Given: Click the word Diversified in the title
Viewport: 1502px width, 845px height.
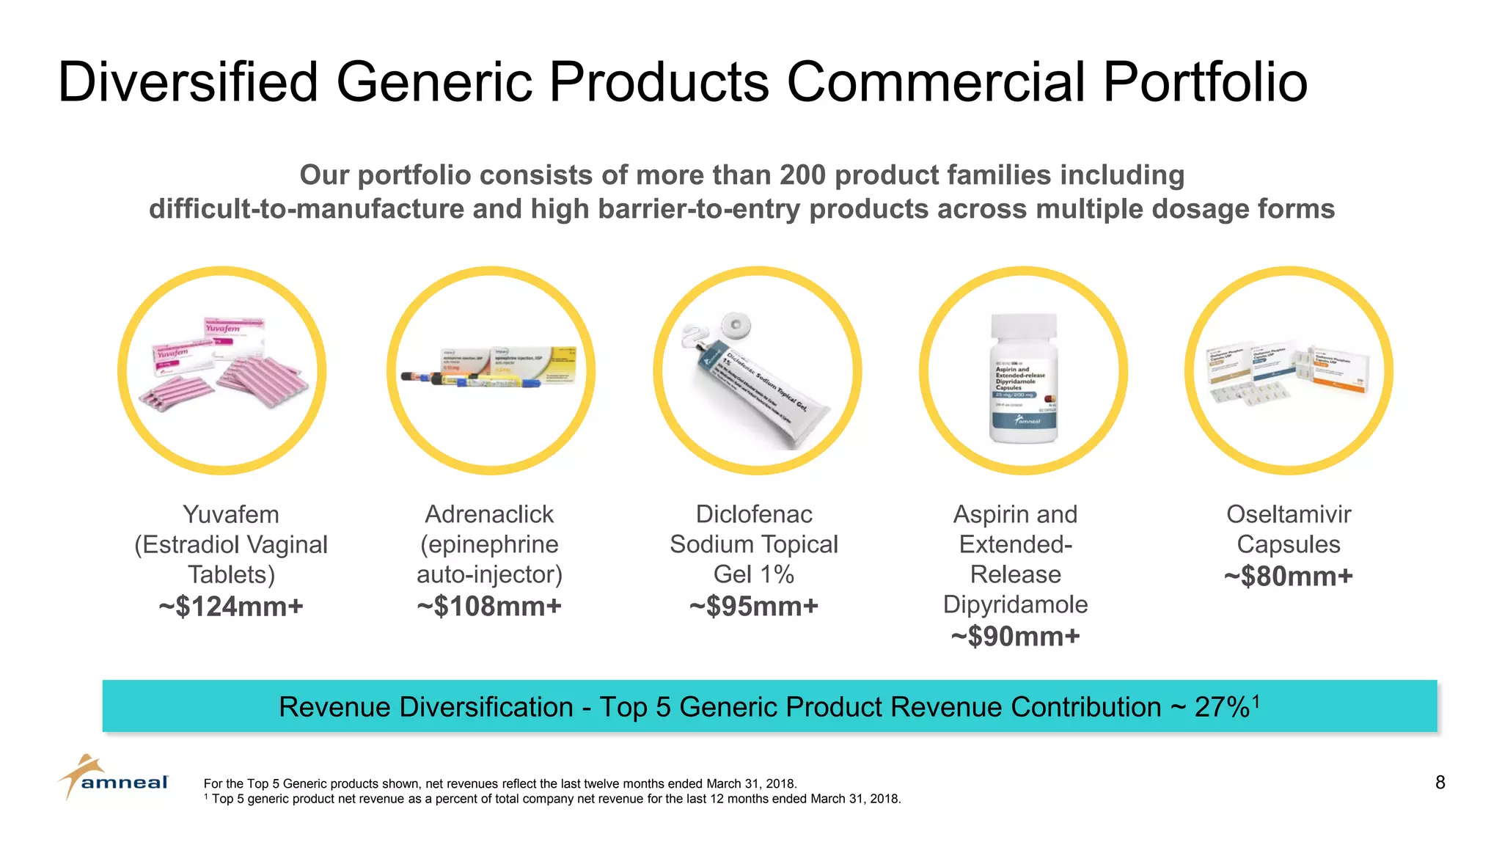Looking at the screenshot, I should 188,81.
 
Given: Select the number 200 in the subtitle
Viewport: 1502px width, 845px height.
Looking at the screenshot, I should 802,175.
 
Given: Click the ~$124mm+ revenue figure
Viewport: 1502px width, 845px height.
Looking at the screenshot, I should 230,607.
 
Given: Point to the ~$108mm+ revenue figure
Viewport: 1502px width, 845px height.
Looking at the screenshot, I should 489,607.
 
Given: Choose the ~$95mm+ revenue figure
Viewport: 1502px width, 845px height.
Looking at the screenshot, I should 753,607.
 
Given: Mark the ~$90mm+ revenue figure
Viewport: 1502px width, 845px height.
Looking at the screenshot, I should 1015,637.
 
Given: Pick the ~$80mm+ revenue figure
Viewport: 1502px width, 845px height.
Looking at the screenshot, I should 1288,577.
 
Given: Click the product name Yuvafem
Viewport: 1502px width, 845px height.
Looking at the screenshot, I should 230,514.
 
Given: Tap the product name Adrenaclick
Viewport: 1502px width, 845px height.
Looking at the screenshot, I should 489,514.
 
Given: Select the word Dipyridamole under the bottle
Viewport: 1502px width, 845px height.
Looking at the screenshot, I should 1015,604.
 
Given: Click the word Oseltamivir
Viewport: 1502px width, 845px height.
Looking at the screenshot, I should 1288,514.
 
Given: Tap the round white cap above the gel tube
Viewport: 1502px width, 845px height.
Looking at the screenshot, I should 736,324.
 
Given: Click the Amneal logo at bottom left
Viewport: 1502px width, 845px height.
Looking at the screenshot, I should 114,779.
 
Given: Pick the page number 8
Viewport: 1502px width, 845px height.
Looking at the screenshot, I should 1440,783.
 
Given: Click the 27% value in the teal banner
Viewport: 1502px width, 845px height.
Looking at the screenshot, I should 1222,707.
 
